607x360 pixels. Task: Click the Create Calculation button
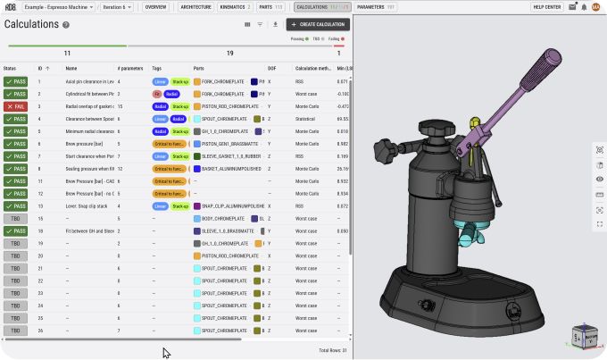pos(318,24)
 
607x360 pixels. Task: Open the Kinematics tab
pos(237,6)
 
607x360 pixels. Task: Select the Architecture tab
pos(195,6)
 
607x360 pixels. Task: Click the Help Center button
pos(546,6)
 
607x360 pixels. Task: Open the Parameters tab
pos(376,6)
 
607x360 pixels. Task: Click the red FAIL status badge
pos(15,106)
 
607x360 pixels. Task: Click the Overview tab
pos(155,6)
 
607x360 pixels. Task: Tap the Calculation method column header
pos(312,68)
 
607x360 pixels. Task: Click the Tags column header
pos(157,68)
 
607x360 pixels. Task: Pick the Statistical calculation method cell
pos(307,119)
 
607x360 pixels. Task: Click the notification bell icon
pos(584,6)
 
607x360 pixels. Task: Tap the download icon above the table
pos(275,24)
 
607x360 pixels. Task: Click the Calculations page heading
pos(31,24)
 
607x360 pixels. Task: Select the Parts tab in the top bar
pos(270,6)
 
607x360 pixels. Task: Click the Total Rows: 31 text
pos(332,350)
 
